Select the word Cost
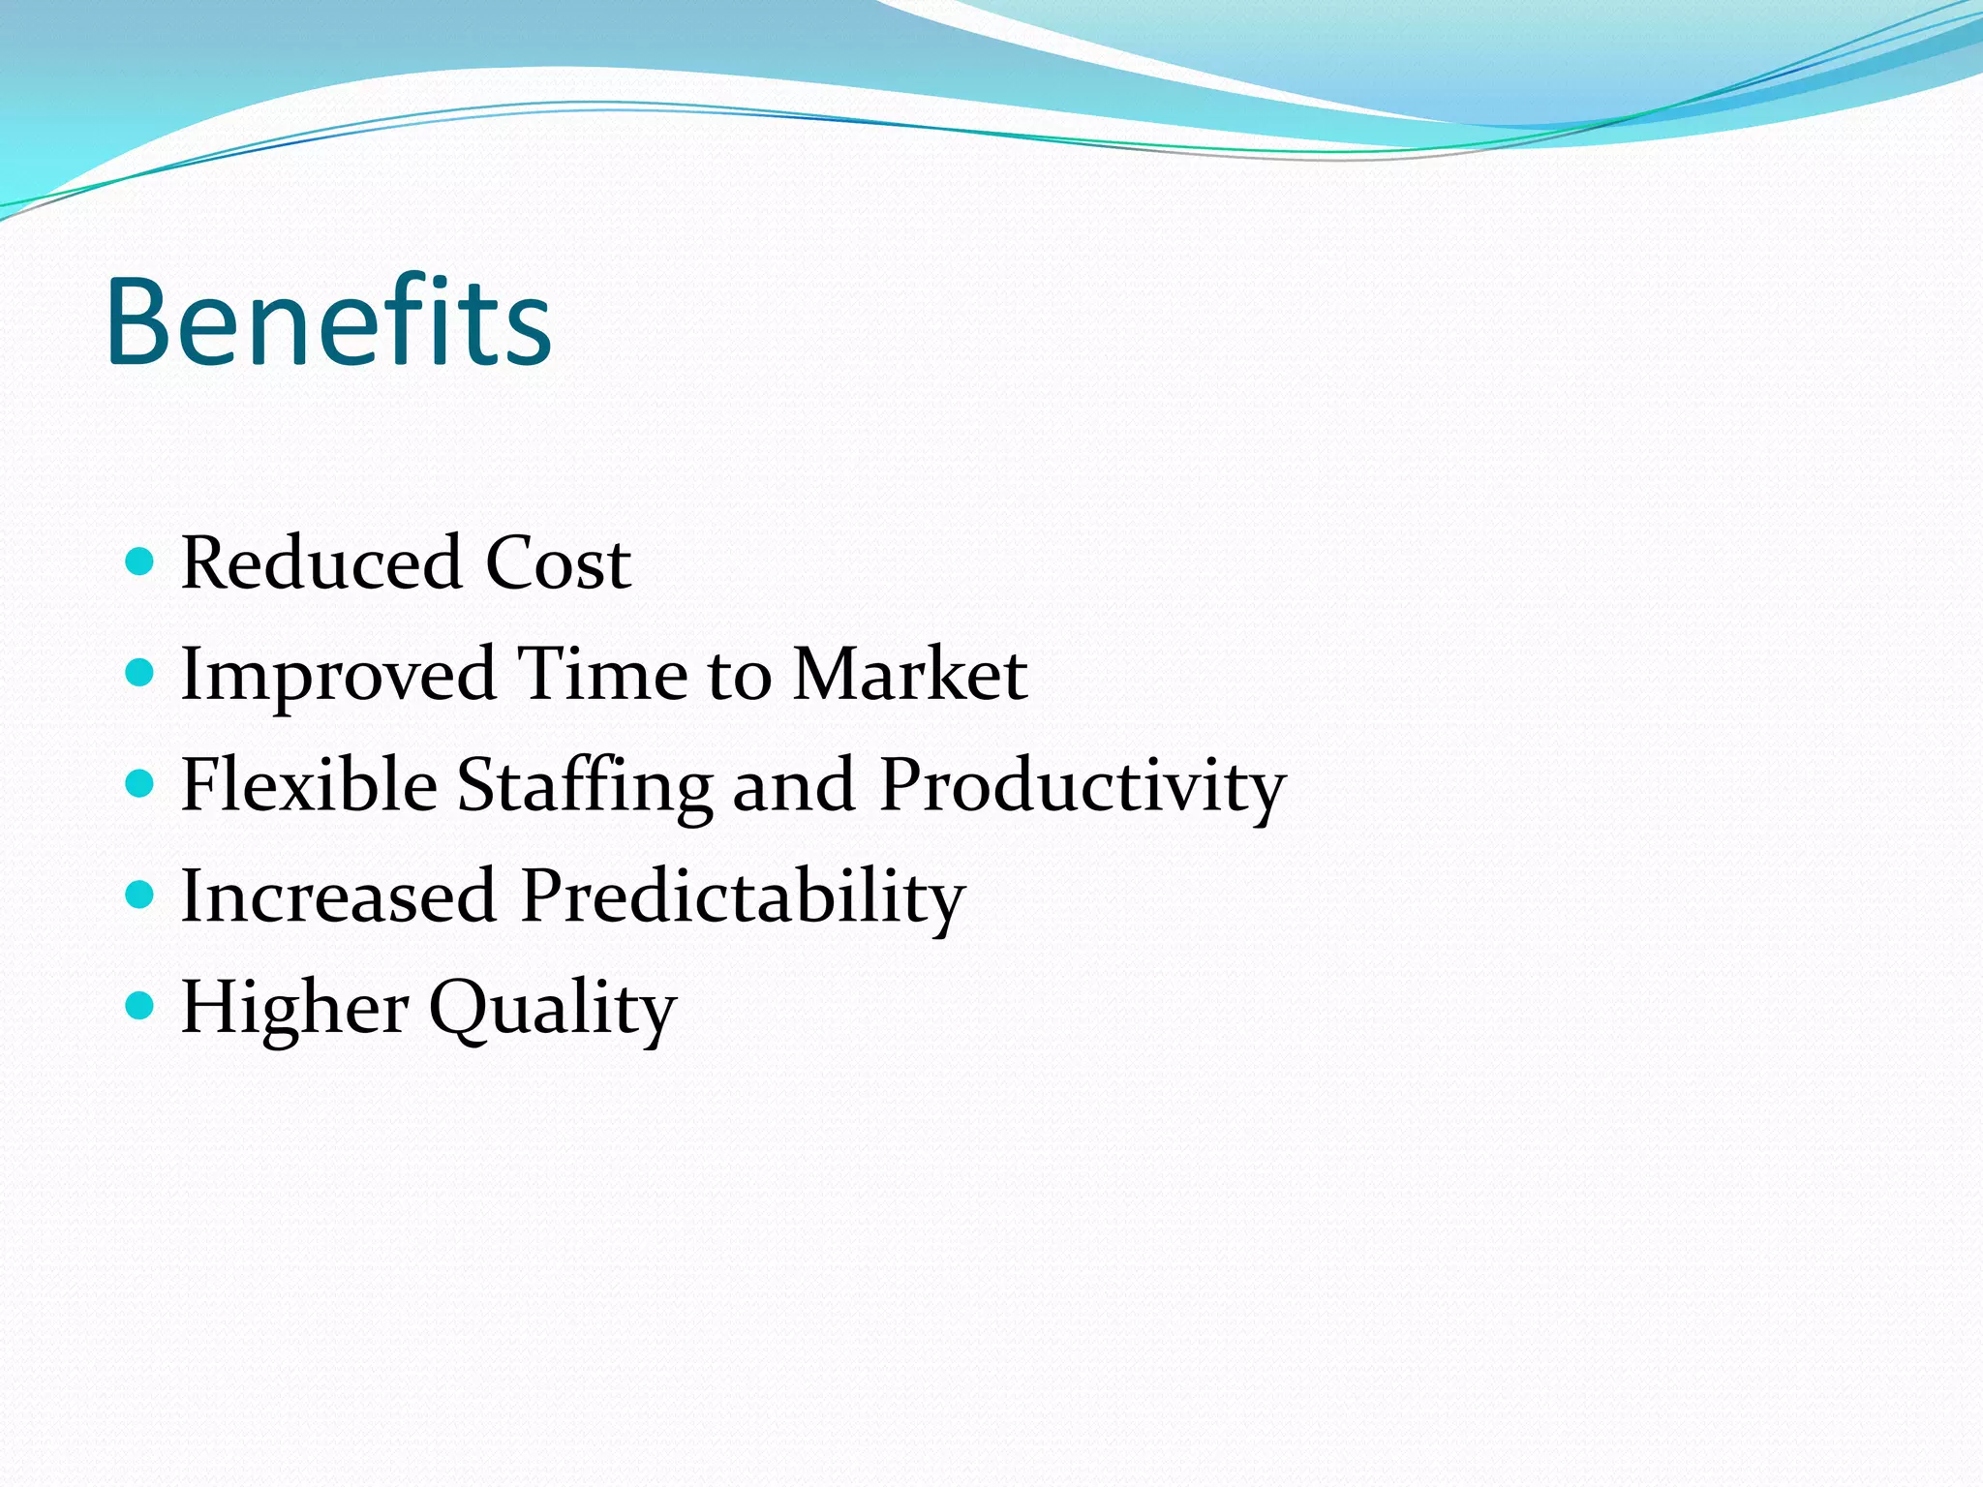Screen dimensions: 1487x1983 click(559, 562)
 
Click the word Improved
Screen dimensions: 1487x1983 click(339, 675)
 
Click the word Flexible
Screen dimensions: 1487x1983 click(309, 784)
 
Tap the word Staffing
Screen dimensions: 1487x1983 click(585, 786)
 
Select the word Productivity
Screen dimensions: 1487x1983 click(1083, 786)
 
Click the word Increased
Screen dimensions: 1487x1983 click(339, 895)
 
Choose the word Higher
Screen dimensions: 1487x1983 click(294, 1007)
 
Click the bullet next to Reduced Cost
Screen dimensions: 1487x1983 click(140, 561)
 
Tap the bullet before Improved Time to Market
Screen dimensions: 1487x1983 click(140, 672)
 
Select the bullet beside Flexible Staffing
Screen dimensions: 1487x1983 click(140, 782)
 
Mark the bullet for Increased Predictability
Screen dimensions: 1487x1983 click(140, 894)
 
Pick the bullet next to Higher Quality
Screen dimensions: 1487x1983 click(140, 1005)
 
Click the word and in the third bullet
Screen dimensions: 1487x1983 click(793, 784)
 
